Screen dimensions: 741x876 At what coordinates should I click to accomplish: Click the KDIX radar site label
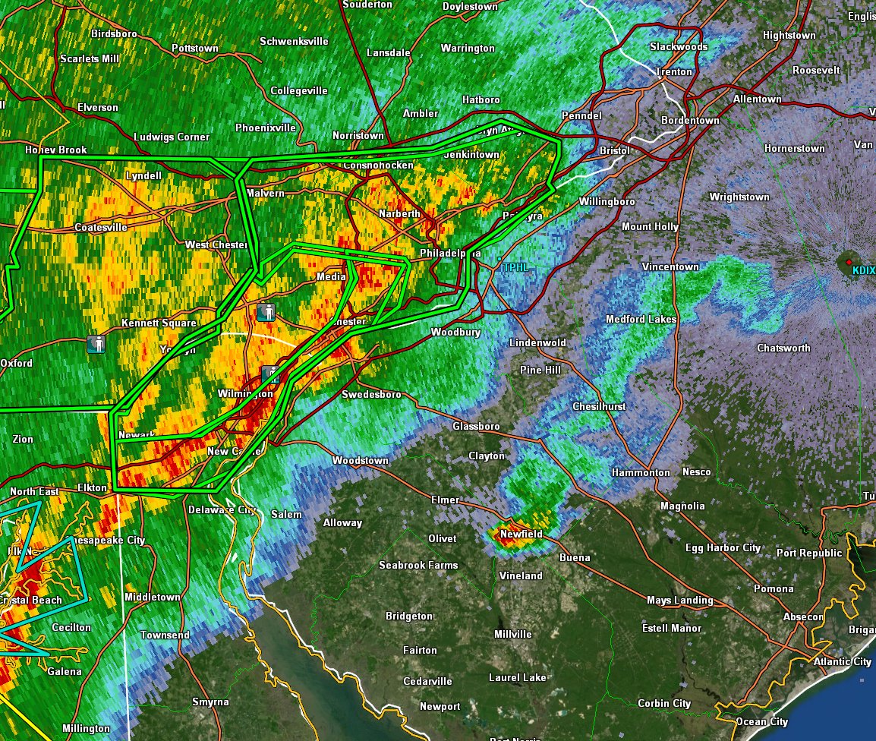[x=863, y=270]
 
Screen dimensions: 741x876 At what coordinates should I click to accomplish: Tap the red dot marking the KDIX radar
[x=849, y=262]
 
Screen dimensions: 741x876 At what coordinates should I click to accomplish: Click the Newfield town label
[x=521, y=534]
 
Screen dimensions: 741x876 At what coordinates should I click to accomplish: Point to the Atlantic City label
[x=842, y=662]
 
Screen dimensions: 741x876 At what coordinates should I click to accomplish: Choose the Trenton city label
[x=674, y=72]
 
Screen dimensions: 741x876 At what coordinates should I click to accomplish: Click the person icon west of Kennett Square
[x=96, y=344]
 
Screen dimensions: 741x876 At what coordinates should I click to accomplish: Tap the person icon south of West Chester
[x=265, y=311]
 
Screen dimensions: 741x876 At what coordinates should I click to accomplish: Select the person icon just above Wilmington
[x=271, y=374]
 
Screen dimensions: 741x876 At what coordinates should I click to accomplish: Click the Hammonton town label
[x=641, y=473]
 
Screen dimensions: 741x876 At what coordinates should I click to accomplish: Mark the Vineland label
[x=521, y=576]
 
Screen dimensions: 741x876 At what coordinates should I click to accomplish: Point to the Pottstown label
[x=195, y=49]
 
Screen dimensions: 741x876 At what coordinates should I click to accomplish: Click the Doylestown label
[x=470, y=7]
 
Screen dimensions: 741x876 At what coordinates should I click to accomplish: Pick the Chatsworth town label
[x=783, y=348]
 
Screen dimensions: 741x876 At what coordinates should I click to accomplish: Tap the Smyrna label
[x=210, y=702]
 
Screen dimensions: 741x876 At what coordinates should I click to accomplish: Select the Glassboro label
[x=476, y=427]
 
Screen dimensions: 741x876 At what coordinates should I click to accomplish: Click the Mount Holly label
[x=650, y=227]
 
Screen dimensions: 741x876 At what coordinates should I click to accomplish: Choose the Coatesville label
[x=101, y=228]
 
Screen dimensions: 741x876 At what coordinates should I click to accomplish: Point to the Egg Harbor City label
[x=723, y=548]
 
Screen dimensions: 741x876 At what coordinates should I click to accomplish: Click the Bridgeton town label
[x=409, y=616]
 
